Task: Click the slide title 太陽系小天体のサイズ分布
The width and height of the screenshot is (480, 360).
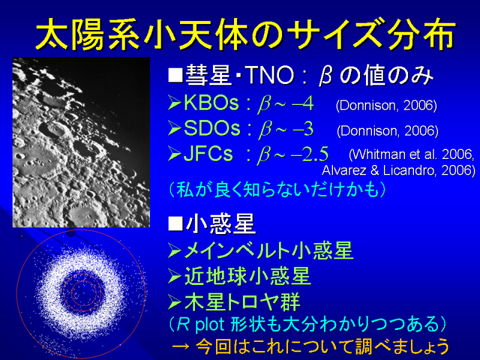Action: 245,34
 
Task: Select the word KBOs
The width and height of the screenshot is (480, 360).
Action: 211,103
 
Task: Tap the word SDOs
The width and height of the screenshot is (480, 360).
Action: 212,128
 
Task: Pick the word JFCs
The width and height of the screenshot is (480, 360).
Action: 208,154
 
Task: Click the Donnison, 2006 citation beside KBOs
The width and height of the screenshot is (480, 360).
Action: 386,106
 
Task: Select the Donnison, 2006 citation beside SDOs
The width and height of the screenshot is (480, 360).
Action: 388,131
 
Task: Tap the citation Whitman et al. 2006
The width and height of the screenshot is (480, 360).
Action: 412,154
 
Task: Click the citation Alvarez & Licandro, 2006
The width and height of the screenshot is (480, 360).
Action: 398,170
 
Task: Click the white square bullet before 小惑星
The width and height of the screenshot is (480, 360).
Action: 175,224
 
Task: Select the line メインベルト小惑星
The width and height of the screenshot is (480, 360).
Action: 268,251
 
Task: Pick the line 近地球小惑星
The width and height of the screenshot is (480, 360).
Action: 247,276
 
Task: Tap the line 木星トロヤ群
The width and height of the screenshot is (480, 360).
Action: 242,302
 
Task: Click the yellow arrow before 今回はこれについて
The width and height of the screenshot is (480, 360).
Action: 181,347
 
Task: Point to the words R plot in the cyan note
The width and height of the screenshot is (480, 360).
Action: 201,324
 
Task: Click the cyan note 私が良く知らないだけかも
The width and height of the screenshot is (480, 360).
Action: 277,190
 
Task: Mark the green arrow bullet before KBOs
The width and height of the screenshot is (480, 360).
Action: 175,103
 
